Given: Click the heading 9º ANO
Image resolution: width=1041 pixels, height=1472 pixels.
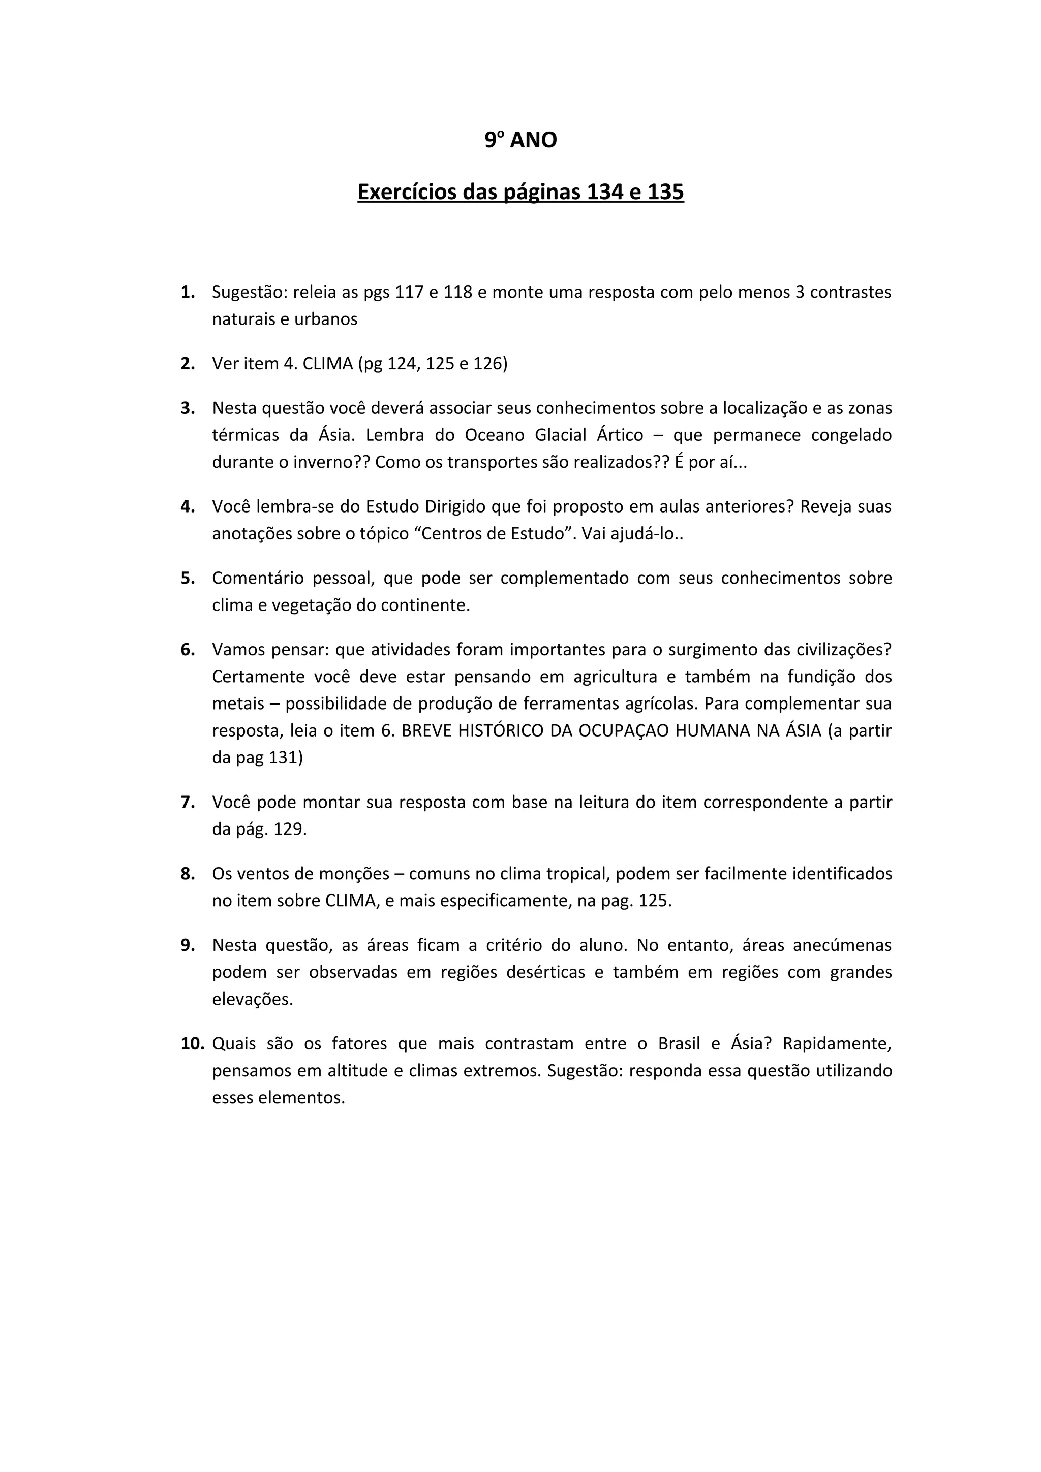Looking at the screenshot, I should [520, 140].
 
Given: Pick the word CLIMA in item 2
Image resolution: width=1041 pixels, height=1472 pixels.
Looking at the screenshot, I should [328, 364].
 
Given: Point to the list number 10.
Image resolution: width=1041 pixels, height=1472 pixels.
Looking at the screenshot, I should [192, 1044].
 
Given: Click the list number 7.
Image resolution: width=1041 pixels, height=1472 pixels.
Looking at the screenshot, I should [187, 803].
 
